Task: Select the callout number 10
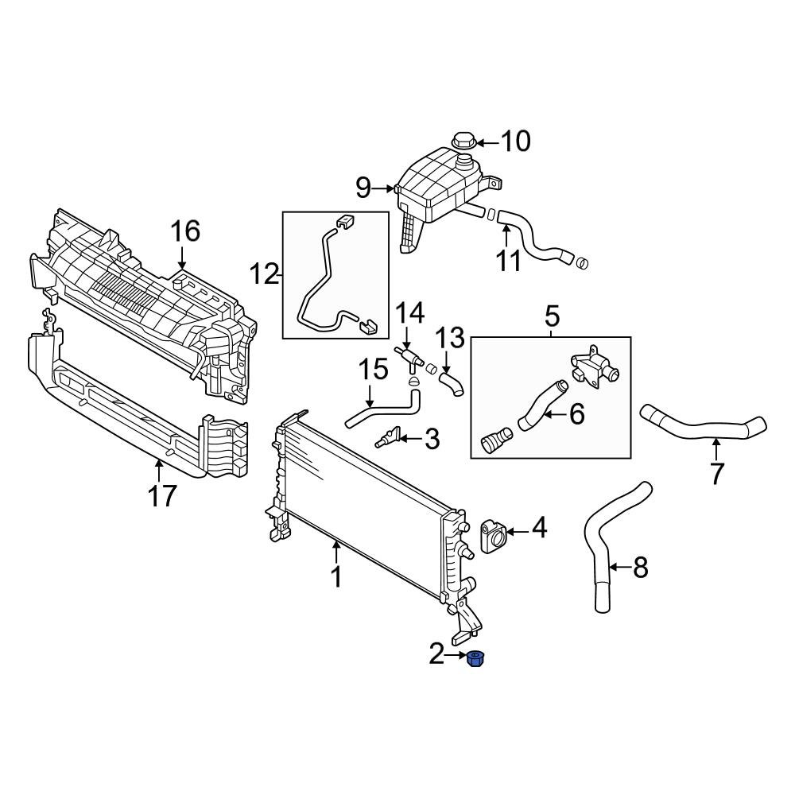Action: click(515, 142)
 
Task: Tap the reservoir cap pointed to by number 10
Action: click(463, 143)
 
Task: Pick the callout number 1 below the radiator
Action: click(336, 576)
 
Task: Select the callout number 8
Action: click(641, 568)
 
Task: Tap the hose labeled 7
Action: click(700, 428)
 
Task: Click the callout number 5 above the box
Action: click(552, 316)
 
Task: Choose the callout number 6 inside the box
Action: click(576, 413)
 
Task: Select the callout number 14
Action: click(411, 312)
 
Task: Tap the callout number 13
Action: click(451, 339)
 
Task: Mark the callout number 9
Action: click(363, 188)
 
